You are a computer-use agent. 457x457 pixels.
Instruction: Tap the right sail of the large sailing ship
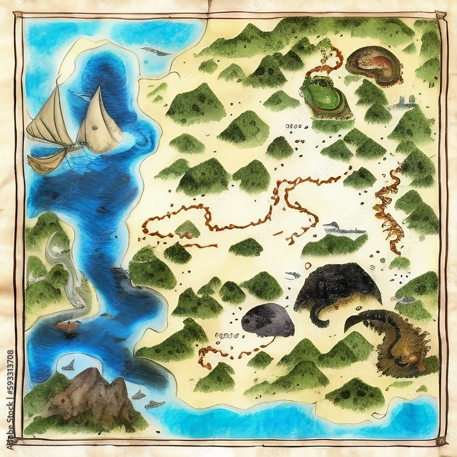[x=100, y=121]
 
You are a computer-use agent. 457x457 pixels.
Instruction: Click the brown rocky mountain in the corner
[x=91, y=393]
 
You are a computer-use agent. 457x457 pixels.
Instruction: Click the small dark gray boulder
[x=267, y=320]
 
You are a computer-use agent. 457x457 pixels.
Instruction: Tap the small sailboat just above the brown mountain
[x=69, y=365]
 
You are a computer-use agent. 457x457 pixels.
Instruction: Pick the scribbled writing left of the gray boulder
[x=227, y=336]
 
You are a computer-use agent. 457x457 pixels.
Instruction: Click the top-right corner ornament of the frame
[x=441, y=16]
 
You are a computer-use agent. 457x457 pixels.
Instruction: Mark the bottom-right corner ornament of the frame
[x=441, y=441]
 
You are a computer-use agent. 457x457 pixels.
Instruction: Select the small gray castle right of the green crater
[x=404, y=103]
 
